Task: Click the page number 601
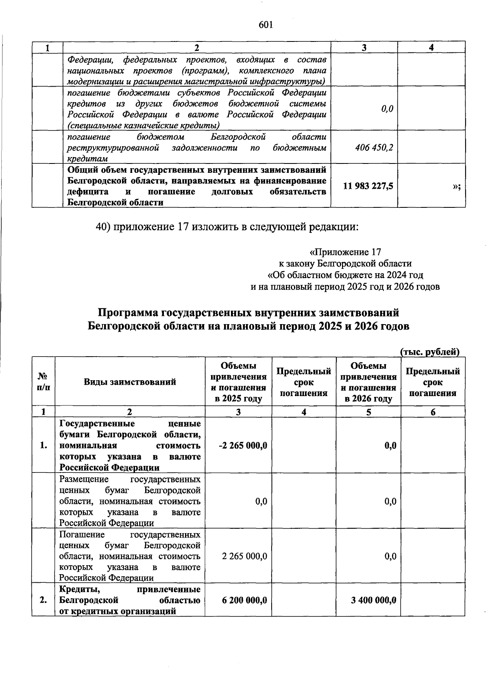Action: click(x=266, y=25)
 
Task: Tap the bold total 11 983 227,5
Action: click(x=368, y=186)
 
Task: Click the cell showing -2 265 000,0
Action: click(x=243, y=445)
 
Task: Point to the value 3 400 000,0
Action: click(x=374, y=600)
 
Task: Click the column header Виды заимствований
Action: click(x=130, y=382)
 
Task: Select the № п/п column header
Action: click(x=44, y=382)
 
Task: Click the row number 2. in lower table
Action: click(x=44, y=600)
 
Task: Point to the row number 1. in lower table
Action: click(x=44, y=445)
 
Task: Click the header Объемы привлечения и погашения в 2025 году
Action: click(x=238, y=382)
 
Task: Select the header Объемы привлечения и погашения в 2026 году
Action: click(x=368, y=382)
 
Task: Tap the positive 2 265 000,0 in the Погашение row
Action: click(x=244, y=556)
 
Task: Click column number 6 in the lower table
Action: click(x=433, y=412)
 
